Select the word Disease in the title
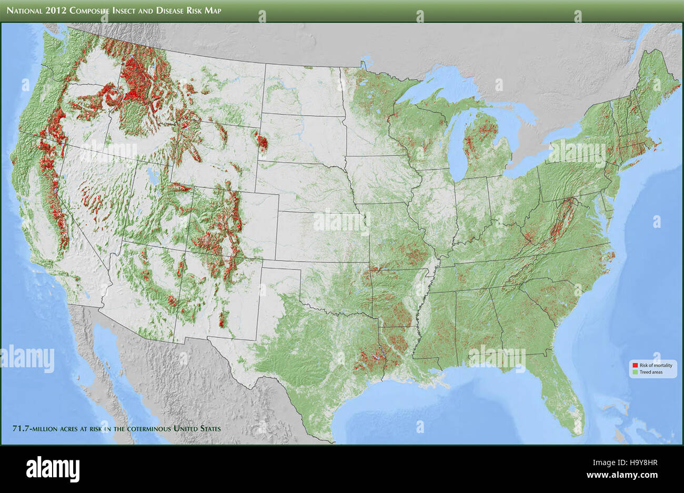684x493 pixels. (172, 11)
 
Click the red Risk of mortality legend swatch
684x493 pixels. (635, 365)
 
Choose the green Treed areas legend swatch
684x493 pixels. (635, 373)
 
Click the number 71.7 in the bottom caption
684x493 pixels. (21, 428)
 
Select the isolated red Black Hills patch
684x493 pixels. (261, 141)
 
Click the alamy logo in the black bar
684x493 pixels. (53, 468)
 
